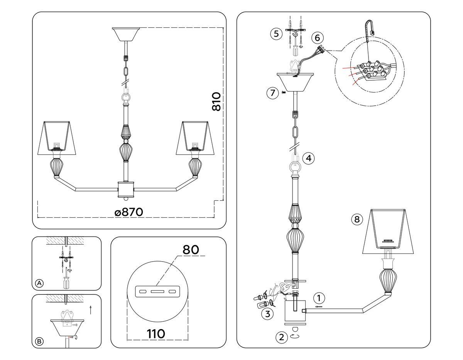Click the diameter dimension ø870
click(x=129, y=212)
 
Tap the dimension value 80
click(x=191, y=250)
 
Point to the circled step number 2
click(x=282, y=337)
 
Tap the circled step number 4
click(x=308, y=158)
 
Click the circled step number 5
click(x=275, y=34)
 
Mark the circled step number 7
click(x=273, y=93)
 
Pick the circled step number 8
click(x=357, y=220)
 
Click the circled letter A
click(x=39, y=284)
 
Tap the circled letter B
click(x=39, y=341)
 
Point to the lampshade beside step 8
click(x=389, y=232)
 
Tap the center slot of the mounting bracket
click(x=158, y=291)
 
